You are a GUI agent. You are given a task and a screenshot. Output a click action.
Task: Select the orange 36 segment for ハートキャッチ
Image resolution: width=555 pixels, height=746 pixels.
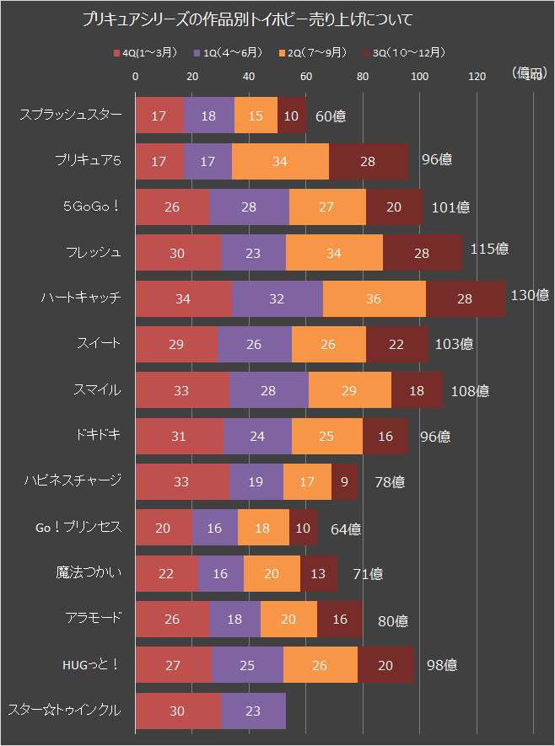pos(374,298)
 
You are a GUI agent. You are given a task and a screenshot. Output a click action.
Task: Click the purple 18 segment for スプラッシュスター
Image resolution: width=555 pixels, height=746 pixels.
pos(208,115)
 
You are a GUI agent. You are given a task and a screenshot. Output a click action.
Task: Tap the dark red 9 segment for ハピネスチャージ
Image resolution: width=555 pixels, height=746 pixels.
pos(343,481)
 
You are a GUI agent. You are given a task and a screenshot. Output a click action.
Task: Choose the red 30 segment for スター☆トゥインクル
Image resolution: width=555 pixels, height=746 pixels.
pos(177,711)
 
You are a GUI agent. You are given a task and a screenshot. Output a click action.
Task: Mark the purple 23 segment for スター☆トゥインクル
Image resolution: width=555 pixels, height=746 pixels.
pos(253,711)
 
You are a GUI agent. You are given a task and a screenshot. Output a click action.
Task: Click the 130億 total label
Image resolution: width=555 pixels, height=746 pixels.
pos(530,295)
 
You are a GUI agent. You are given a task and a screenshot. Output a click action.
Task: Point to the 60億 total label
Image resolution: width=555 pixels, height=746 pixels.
pos(331,115)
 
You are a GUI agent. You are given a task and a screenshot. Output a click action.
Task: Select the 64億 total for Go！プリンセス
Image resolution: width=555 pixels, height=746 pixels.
pos(346,529)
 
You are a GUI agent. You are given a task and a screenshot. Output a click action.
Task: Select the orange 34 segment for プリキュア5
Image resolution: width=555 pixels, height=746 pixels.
pos(280,161)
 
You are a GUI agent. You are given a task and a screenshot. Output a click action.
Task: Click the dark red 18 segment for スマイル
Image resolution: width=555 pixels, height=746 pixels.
pos(417,389)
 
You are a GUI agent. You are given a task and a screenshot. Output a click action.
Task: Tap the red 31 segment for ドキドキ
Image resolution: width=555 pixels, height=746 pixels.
pos(179,436)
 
